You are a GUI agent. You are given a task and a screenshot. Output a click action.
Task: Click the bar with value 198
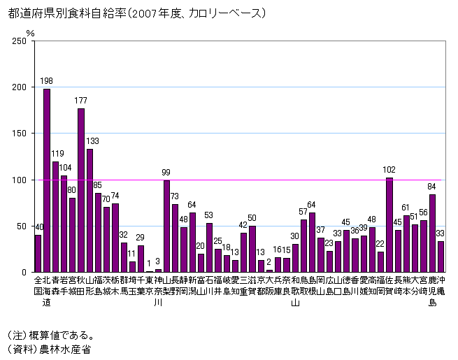(47, 180)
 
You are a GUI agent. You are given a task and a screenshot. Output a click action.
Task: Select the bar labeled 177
(81, 190)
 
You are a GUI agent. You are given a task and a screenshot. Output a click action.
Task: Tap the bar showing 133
(90, 210)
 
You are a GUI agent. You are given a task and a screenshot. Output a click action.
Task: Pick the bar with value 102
(389, 225)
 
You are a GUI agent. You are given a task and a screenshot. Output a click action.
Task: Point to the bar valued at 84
(432, 233)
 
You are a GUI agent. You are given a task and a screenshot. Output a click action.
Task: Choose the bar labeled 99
(166, 226)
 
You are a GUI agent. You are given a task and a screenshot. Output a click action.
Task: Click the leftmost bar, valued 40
(38, 254)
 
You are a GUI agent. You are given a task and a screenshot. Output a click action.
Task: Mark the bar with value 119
(55, 217)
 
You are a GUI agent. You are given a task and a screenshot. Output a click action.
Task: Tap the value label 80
(72, 190)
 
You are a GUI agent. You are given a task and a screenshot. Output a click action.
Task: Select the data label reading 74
(115, 196)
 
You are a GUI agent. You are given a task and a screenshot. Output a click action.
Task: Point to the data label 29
(141, 238)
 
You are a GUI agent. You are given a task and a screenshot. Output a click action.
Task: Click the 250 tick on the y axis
(20, 41)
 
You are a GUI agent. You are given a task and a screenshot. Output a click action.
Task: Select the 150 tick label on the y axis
(20, 134)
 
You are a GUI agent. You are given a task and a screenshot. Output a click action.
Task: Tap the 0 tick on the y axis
(24, 272)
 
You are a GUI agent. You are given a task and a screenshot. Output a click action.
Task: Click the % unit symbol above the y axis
(29, 31)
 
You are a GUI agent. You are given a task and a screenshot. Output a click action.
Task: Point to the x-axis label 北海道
(47, 291)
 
